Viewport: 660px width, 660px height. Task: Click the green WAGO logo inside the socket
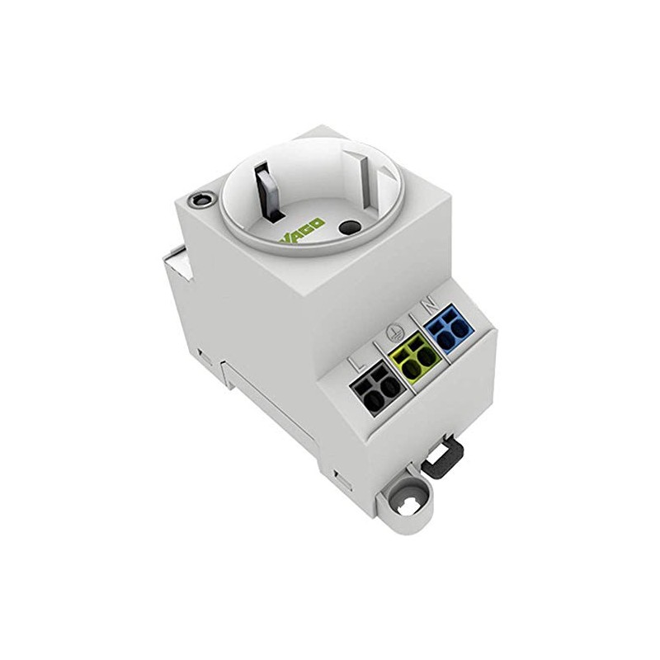click(x=301, y=233)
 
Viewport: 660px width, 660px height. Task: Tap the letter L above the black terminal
click(x=358, y=364)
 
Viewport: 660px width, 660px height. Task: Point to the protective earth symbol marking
click(x=394, y=334)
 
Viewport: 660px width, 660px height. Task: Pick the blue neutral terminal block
click(x=450, y=328)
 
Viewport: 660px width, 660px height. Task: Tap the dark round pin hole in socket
click(x=347, y=229)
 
